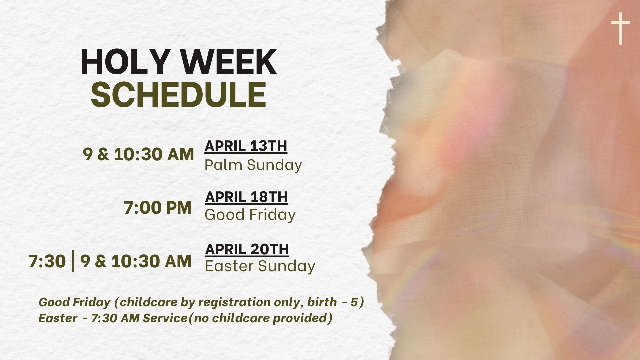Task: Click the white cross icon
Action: coord(621,29)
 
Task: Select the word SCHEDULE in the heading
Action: coord(179,94)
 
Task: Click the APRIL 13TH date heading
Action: coord(246,146)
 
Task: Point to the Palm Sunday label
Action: coord(253,165)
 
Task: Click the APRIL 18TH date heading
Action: coord(246,197)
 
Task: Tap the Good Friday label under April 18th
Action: coord(250,215)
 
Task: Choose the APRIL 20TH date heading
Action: coord(247,249)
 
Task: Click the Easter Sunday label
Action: coord(260,266)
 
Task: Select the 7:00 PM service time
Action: coord(158,208)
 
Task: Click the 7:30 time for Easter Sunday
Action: coord(47,261)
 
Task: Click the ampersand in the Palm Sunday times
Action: coord(103,155)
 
